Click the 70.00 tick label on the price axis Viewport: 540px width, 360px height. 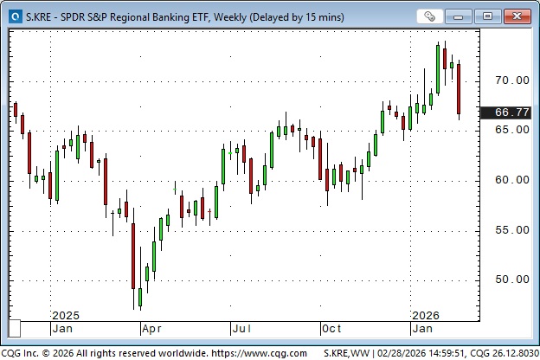click(511, 80)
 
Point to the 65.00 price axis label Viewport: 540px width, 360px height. click(511, 130)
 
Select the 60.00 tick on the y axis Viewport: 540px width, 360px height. click(511, 180)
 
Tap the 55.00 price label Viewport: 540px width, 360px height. click(511, 230)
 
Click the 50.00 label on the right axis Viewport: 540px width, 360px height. click(511, 280)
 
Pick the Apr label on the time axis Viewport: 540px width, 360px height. click(152, 329)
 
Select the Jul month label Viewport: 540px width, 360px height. click(241, 329)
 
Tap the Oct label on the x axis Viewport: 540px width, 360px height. click(332, 329)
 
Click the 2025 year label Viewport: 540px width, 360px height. click(65, 315)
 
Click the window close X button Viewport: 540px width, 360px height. click(517, 16)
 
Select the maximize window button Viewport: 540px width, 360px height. click(488, 16)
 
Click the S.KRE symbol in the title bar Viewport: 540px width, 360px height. click(39, 16)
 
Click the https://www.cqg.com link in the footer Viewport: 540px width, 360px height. click(254, 353)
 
